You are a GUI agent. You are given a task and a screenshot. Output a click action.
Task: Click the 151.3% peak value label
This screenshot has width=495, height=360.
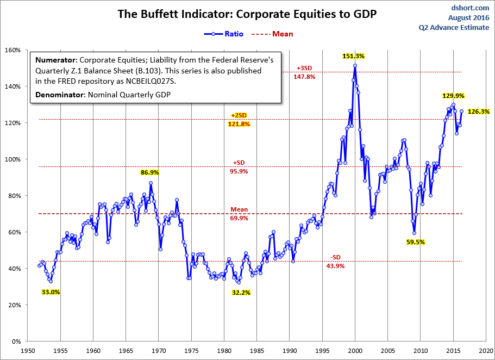tap(353, 55)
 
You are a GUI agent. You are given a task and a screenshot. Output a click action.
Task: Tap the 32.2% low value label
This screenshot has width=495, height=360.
tap(242, 292)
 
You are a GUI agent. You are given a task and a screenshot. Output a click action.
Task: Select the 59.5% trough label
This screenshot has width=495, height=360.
tap(415, 242)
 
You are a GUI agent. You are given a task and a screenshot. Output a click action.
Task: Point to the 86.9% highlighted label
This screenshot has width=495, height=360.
tap(150, 172)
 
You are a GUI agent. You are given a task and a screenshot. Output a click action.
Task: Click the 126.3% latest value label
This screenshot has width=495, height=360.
tap(479, 111)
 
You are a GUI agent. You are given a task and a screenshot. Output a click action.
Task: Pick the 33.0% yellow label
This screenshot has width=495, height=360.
tap(51, 292)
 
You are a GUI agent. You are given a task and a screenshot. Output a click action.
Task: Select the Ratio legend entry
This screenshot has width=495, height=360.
tap(224, 34)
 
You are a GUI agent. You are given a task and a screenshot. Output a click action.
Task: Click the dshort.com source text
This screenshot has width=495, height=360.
tap(470, 8)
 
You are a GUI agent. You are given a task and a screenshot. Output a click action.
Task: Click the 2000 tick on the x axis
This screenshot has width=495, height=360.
tap(355, 351)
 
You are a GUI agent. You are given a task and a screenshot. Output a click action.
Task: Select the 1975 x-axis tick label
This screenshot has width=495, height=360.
tap(191, 351)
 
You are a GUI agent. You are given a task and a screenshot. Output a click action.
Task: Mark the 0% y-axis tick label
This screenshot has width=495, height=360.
tap(16, 342)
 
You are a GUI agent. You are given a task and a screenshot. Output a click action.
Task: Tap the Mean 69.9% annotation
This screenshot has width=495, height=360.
tap(239, 214)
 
